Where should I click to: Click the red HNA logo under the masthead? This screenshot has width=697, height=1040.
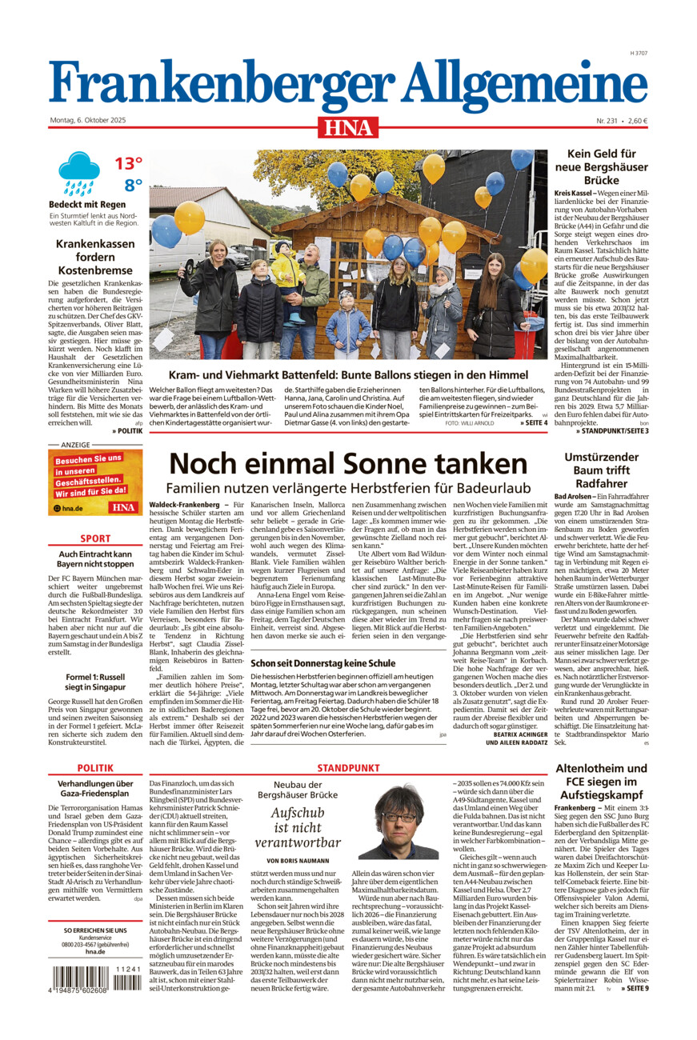click(x=348, y=126)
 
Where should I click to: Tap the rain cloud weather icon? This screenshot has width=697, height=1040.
click(x=78, y=174)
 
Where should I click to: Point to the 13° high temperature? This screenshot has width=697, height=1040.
click(x=127, y=164)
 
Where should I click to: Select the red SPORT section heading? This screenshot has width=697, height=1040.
click(x=95, y=539)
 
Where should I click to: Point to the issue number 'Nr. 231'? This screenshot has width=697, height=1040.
click(x=610, y=121)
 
